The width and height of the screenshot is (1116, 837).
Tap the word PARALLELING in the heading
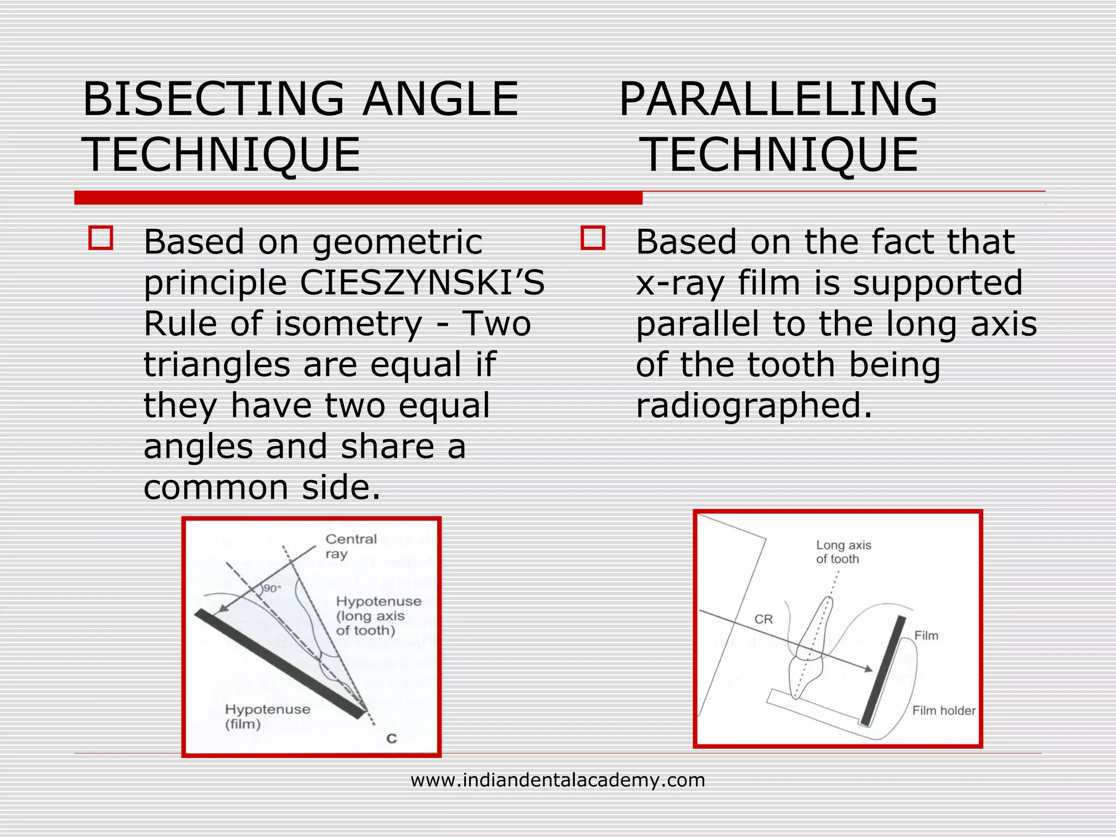778,99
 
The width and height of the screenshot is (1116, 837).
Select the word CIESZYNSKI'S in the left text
422,283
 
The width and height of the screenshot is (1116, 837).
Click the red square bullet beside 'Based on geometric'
101,238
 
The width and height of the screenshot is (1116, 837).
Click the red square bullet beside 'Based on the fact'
593,238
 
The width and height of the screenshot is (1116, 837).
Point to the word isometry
349,324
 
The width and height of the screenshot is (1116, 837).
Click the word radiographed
754,406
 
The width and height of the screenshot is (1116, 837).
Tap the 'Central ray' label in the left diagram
350,546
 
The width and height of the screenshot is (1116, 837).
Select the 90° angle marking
271,589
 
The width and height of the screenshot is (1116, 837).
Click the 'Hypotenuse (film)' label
267,716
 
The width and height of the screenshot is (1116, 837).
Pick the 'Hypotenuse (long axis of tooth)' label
378,616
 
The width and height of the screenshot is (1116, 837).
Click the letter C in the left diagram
391,739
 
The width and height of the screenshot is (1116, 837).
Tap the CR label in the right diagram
763,619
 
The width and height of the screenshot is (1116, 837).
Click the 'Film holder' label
943,711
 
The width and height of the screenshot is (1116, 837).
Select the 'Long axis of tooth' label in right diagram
843,551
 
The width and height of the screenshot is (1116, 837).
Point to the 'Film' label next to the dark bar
926,635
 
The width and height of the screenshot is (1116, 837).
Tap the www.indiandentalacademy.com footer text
557,780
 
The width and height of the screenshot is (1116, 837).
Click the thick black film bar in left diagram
281,664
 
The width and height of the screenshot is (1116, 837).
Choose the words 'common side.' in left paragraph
262,487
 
